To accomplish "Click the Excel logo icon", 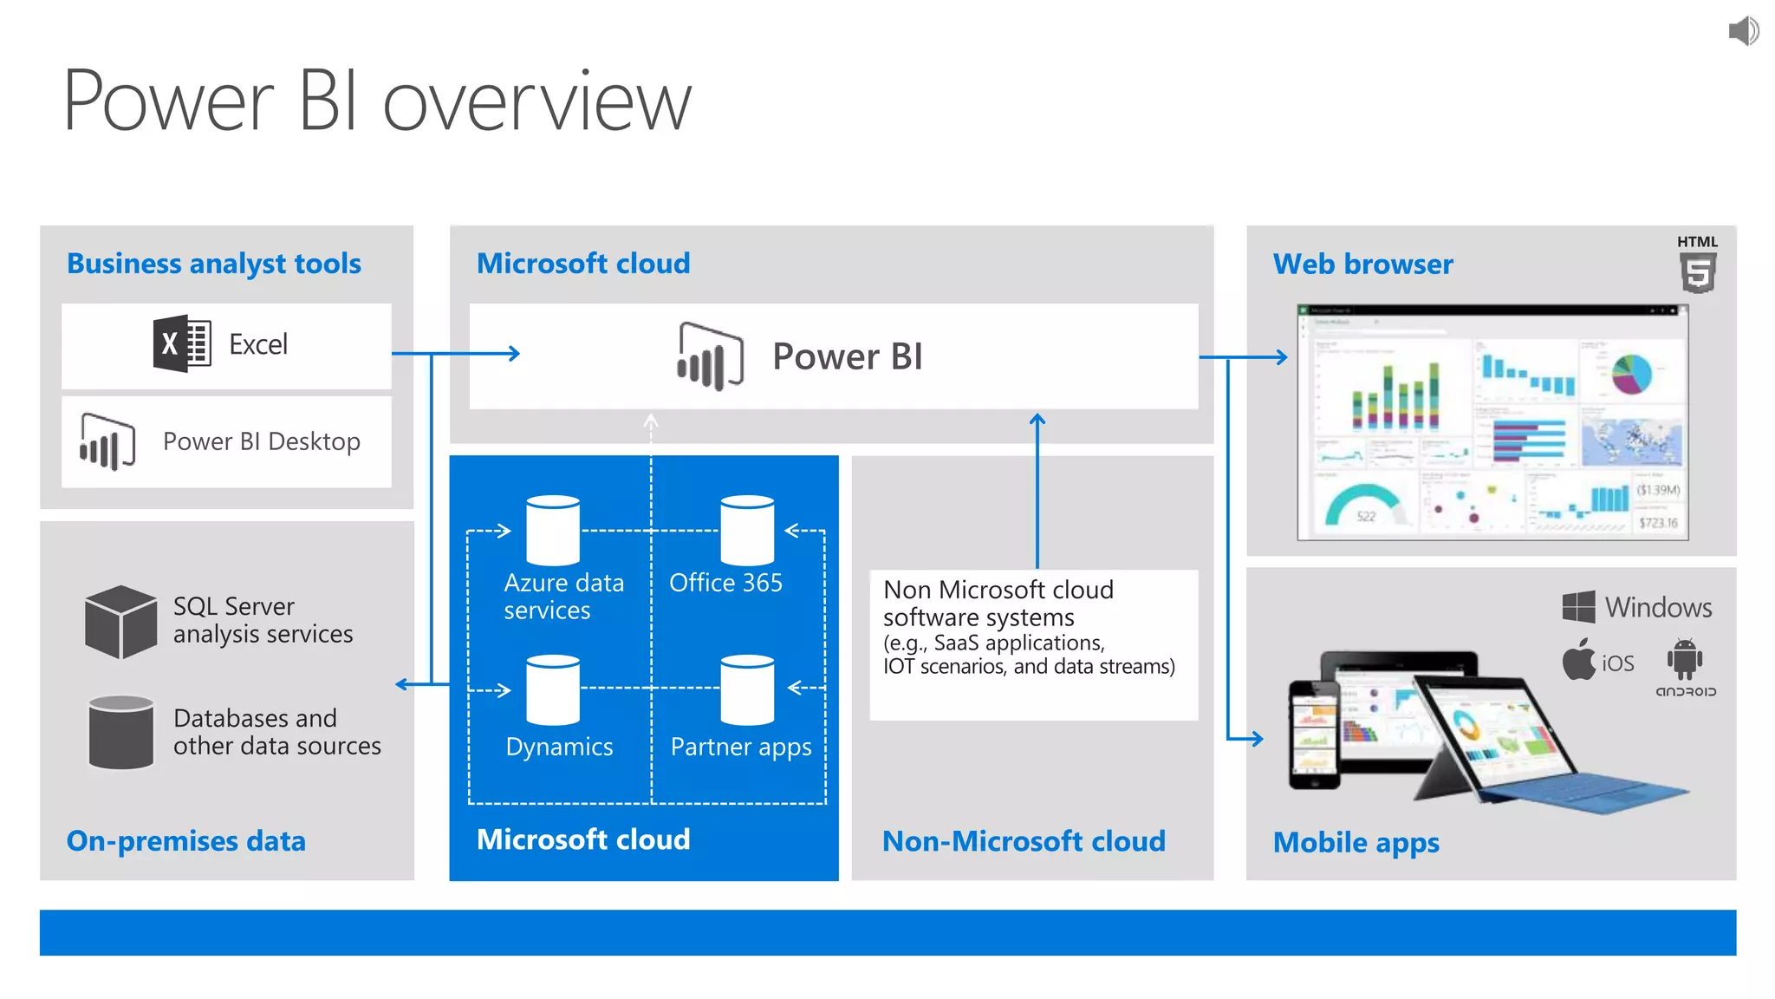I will click(182, 343).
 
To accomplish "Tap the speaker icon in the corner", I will click(1743, 31).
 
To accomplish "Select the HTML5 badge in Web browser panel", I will click(1697, 265).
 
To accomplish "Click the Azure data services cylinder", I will click(553, 530).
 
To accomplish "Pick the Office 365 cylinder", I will click(747, 530).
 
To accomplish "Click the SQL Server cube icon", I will click(120, 621).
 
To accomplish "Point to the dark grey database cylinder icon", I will click(120, 732).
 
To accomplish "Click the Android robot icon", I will click(1684, 659).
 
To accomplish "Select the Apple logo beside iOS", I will click(1578, 660).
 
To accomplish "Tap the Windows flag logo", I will click(1578, 607).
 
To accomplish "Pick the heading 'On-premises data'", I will click(186, 840).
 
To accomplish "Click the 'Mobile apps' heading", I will click(1356, 842).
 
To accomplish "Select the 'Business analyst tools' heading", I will click(214, 264).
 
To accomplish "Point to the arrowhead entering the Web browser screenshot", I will click(1283, 356).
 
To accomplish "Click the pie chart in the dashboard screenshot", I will click(1632, 374).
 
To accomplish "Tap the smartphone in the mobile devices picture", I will click(1314, 734).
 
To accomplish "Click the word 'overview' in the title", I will click(537, 102).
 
